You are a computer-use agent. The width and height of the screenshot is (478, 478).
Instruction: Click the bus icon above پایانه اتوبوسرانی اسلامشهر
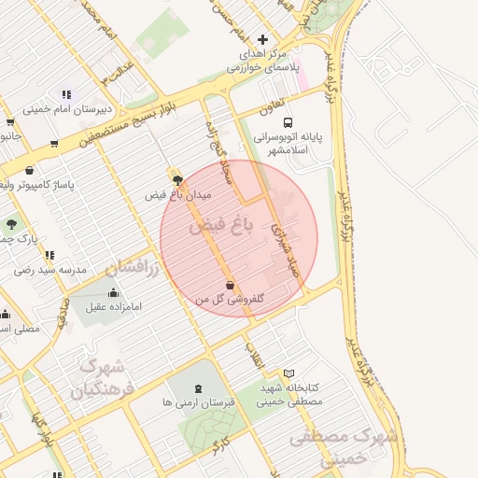pyautogui.click(x=288, y=122)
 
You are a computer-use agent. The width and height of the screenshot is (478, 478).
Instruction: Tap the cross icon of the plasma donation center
pyautogui.click(x=262, y=40)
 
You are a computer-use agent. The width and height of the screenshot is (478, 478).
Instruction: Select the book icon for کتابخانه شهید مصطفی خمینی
pyautogui.click(x=288, y=373)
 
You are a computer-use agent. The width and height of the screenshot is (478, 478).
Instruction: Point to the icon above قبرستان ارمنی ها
pyautogui.click(x=198, y=388)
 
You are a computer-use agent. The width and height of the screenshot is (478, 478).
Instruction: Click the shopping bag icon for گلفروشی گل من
pyautogui.click(x=230, y=285)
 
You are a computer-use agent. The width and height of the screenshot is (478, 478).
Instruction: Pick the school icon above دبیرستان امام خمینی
pyautogui.click(x=66, y=94)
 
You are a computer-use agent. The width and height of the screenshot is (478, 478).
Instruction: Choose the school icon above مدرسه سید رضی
pyautogui.click(x=49, y=255)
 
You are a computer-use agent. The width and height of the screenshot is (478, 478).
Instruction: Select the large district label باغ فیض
pyautogui.click(x=220, y=225)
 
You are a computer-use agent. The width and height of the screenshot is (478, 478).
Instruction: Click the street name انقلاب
pyautogui.click(x=254, y=355)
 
